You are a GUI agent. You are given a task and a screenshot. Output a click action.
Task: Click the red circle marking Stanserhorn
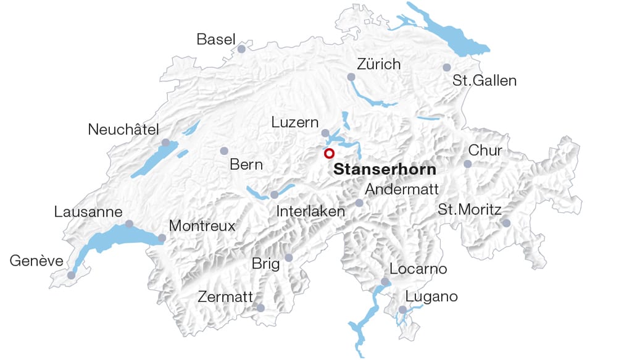coord(329,153)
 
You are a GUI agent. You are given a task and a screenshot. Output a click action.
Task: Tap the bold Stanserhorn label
coord(385,170)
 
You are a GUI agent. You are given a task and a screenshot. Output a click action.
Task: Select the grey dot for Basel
coord(241,49)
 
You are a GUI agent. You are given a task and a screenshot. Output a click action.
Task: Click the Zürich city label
coord(379,64)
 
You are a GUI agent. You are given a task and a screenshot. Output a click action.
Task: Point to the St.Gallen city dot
coord(447,67)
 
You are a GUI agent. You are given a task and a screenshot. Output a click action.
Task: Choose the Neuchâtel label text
coord(123,130)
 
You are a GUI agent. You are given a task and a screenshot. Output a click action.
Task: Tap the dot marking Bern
coord(224,151)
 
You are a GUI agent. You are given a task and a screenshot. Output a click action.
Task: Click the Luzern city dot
coord(325,133)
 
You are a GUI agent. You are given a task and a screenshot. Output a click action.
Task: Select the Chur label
coord(485,151)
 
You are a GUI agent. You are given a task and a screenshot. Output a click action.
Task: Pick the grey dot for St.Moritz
coord(506,223)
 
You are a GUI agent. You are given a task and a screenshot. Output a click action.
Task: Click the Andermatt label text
coord(402,190)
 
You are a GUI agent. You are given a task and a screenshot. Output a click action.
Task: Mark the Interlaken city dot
coord(274,195)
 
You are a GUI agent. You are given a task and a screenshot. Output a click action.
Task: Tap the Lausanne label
coord(88,212)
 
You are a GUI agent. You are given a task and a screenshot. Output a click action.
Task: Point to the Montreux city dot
coord(162,238)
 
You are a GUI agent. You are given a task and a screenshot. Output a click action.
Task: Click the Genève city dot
coord(71,275)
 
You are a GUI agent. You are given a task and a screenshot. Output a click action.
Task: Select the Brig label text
coord(265,264)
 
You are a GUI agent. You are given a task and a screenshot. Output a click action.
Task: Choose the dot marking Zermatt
coord(260,308)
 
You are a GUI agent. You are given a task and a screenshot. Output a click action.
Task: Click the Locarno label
coord(418,269)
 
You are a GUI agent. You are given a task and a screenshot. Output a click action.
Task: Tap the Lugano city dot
coord(402,309)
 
